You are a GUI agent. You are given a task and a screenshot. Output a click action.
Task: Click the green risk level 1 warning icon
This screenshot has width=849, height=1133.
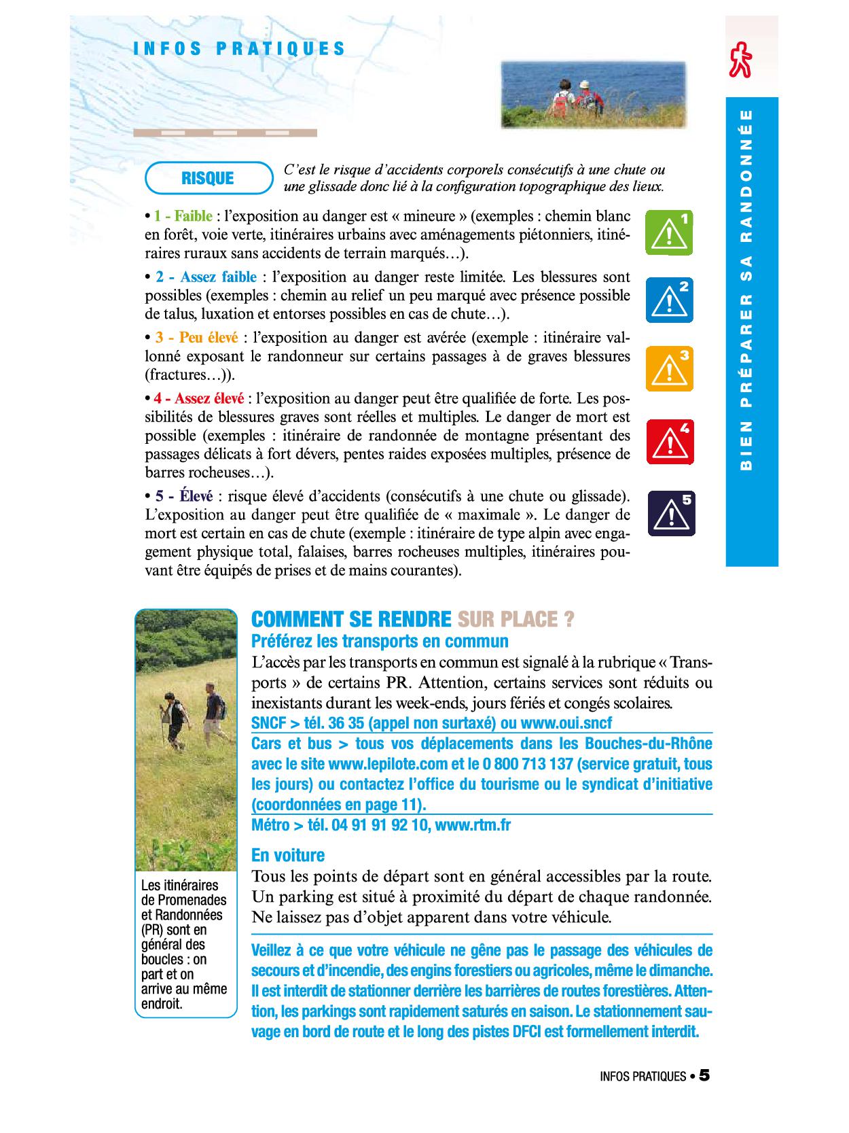tap(669, 233)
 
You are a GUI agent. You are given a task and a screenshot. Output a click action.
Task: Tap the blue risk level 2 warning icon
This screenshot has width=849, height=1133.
tap(669, 300)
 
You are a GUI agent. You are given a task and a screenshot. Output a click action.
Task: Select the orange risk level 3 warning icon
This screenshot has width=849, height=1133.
tap(669, 368)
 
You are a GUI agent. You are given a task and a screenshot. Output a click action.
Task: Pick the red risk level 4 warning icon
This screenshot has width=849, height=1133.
tap(670, 442)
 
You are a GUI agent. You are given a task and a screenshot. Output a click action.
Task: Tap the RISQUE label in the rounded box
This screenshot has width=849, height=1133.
tap(208, 178)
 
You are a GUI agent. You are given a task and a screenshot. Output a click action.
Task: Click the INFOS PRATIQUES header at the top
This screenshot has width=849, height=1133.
tap(240, 49)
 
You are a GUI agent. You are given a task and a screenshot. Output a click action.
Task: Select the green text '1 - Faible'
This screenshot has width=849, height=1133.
tap(183, 216)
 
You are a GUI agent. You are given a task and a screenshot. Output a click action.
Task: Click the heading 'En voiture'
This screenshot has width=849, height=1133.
tap(288, 855)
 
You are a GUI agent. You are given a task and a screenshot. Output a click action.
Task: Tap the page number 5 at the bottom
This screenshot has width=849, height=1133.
tap(704, 1075)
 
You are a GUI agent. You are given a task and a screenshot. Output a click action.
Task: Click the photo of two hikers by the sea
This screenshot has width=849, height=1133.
tap(593, 94)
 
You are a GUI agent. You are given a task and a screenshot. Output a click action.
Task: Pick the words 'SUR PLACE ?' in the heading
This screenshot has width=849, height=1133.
tap(516, 619)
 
